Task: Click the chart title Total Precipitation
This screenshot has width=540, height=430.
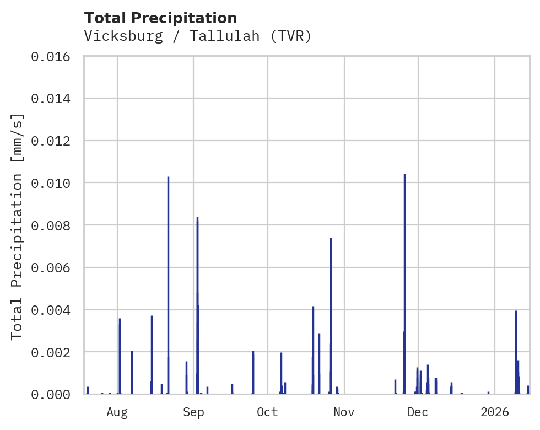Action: pyautogui.click(x=160, y=18)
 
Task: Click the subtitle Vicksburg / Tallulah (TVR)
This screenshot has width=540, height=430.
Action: pyautogui.click(x=198, y=36)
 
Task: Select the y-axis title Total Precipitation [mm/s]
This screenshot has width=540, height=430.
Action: pyautogui.click(x=18, y=225)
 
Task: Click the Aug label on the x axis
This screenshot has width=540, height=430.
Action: pyautogui.click(x=117, y=412)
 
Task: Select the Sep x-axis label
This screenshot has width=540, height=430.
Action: pyautogui.click(x=193, y=412)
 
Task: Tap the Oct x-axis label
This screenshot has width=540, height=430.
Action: pyautogui.click(x=268, y=412)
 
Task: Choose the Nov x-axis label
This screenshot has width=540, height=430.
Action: pyautogui.click(x=343, y=412)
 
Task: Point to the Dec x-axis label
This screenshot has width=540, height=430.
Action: pyautogui.click(x=418, y=412)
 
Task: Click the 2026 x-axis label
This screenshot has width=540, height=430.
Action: pyautogui.click(x=495, y=412)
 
